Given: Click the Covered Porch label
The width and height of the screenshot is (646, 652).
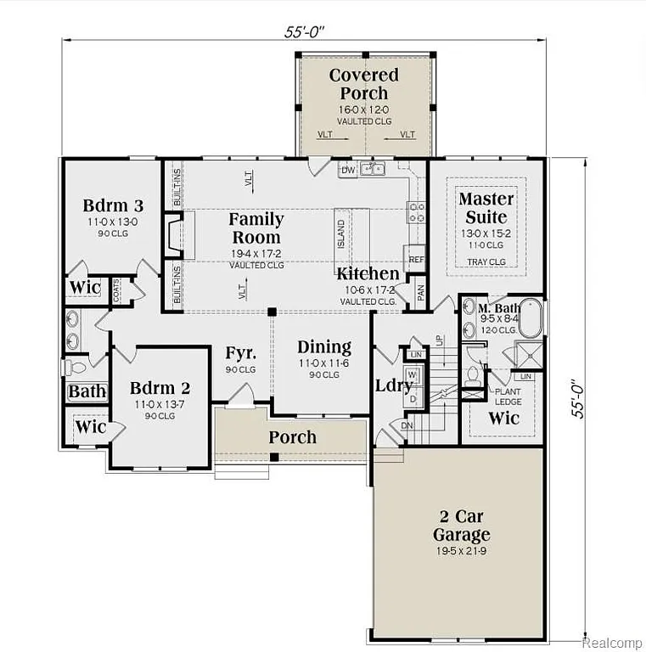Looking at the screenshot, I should [363, 84].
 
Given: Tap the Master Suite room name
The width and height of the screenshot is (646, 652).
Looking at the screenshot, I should [486, 208].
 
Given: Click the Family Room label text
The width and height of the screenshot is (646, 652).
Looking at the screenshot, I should [256, 228].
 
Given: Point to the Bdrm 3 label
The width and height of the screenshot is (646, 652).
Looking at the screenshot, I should [112, 205].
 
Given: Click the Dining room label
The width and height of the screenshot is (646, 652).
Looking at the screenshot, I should [324, 346].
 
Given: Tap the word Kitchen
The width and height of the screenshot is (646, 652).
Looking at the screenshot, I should [368, 273].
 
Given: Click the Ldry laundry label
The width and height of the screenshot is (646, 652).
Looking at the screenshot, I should [394, 385].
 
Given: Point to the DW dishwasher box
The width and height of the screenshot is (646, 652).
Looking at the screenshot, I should [347, 170].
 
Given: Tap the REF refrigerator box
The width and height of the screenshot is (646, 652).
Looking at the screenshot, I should [416, 259].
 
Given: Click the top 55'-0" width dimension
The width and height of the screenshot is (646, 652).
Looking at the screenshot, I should [305, 31].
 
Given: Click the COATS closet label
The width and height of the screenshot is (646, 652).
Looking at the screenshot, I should [117, 288].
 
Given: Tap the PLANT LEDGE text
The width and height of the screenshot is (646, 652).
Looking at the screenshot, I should [508, 396].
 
